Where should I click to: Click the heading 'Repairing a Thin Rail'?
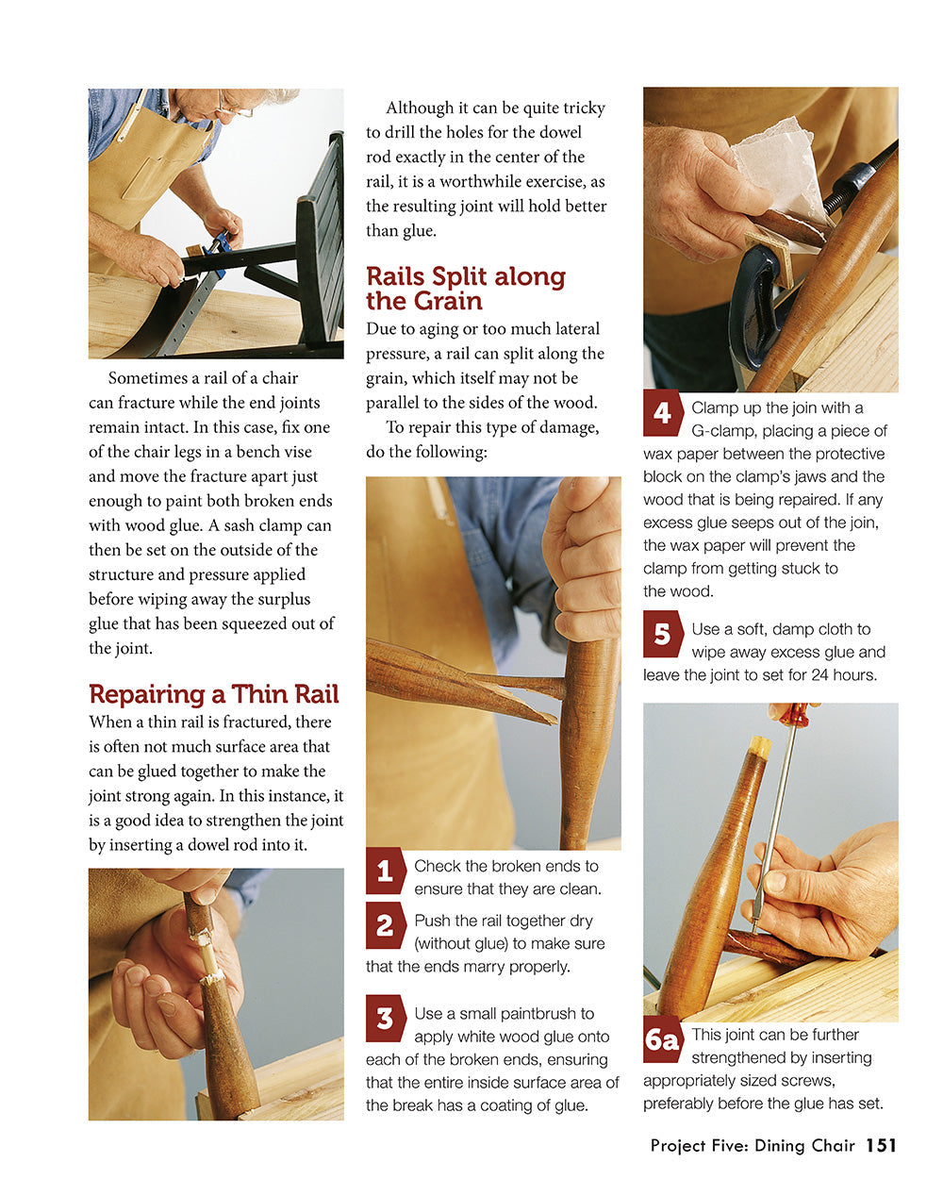tap(213, 694)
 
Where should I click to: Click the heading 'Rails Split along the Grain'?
tap(465, 289)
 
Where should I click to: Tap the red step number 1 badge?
tap(385, 871)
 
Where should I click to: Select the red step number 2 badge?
tap(385, 925)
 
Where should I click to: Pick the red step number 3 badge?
tap(385, 1019)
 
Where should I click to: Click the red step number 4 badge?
tap(662, 413)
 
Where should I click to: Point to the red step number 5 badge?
tap(662, 634)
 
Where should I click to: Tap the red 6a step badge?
tap(662, 1040)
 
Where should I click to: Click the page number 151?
tap(881, 1145)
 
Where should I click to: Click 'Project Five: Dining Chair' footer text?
tap(752, 1146)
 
